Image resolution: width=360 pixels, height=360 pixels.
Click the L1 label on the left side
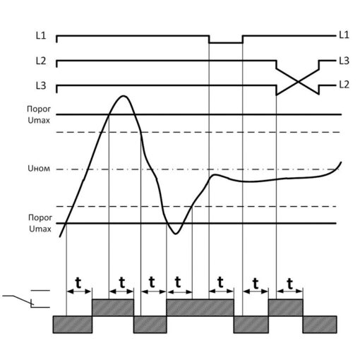coord(41,36)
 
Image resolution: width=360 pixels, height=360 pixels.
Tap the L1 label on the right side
coord(344,35)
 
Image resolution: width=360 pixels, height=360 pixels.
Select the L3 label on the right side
coord(344,61)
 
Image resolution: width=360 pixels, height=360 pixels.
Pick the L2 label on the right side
coord(344,85)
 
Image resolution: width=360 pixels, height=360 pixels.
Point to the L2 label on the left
coord(41,61)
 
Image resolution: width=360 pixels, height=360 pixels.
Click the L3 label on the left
coord(41,85)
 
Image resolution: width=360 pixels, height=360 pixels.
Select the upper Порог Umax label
coord(39,114)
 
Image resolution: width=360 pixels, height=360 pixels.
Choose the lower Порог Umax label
coord(40,223)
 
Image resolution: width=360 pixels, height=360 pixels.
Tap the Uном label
coord(39,169)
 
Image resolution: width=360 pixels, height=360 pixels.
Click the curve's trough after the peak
coord(176,234)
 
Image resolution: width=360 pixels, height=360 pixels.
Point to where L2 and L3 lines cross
coord(298,82)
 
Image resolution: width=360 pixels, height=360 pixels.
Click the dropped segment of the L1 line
coord(226,43)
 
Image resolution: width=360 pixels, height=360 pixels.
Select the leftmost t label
coord(78,283)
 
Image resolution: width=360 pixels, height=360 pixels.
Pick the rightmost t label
coord(290,284)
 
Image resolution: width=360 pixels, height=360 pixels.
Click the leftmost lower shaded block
coord(73,325)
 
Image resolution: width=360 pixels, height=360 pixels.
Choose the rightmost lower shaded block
coord(320,325)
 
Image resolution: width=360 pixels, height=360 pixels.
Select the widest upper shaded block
coord(200,308)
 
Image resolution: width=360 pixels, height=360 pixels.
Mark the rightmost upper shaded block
coord(285,308)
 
